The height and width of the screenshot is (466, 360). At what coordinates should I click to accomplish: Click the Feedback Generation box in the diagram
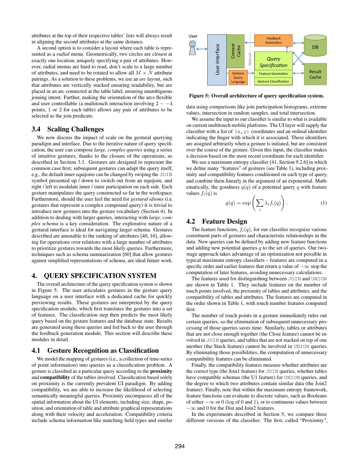[x=274, y=40]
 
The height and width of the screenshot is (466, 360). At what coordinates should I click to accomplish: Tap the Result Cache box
[x=315, y=74]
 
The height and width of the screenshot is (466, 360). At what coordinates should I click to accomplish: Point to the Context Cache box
[x=235, y=51]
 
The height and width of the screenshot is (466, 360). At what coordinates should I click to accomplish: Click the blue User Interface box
[x=217, y=60]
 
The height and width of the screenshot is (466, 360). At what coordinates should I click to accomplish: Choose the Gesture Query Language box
[x=238, y=78]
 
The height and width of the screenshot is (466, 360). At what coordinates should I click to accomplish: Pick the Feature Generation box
[x=273, y=74]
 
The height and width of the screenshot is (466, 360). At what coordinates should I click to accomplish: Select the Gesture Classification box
[x=273, y=81]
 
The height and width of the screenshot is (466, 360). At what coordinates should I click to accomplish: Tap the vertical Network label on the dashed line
[x=250, y=59]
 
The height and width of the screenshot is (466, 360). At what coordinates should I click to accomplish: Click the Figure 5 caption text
[x=256, y=96]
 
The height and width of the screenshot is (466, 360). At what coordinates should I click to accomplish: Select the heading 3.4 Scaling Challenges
[x=68, y=129]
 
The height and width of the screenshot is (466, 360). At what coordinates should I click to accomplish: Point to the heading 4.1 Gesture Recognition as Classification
[x=95, y=350]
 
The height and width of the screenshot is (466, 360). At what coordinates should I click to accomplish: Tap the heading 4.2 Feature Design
[x=217, y=221]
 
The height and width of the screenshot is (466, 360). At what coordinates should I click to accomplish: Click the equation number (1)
[x=323, y=203]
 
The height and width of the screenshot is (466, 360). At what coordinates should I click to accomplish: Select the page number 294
[x=180, y=446]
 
